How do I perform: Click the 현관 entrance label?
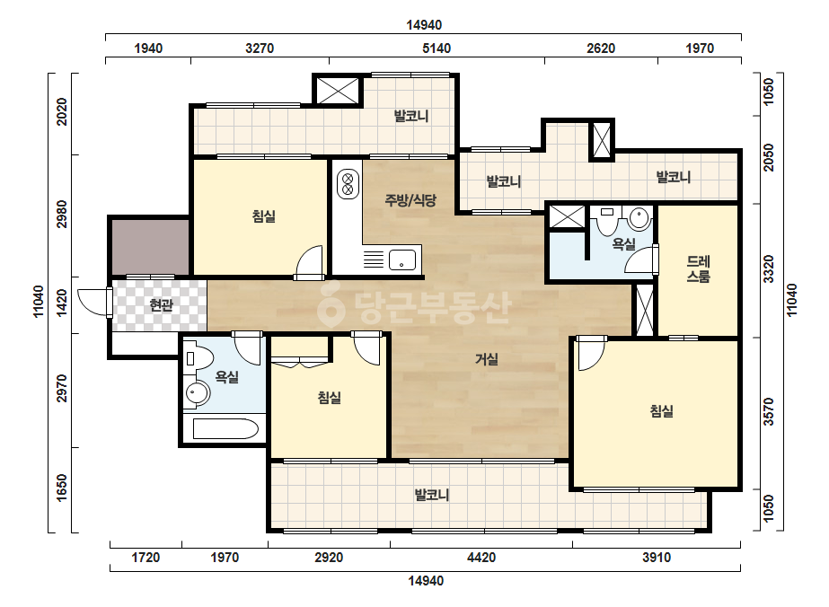pos(162,305)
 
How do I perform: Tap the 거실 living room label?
pos(487,359)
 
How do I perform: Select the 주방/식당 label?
pos(410,200)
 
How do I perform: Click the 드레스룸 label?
pos(698,268)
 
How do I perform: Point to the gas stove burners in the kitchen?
pos(348,183)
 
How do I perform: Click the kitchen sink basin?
pos(402,260)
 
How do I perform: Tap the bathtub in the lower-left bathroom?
pos(225,429)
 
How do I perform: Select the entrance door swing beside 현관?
pos(94,303)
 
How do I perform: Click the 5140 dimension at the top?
pos(437,48)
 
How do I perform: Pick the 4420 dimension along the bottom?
pos(481,558)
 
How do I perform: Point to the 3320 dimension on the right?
pos(769,269)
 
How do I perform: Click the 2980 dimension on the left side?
pos(62,214)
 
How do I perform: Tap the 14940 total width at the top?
pos(424,25)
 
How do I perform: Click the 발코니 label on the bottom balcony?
pos(432,495)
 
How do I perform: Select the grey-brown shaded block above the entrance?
pos(150,247)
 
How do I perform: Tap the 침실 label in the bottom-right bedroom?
pos(661,411)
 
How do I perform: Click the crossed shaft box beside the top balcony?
pos(338,91)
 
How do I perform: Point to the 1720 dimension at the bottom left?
pos(146,558)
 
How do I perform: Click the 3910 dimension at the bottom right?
pos(657,558)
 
